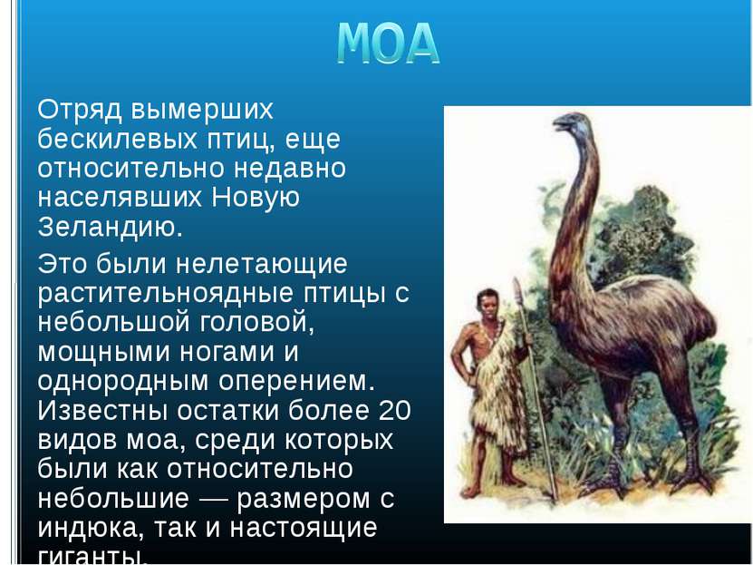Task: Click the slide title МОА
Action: pyautogui.click(x=388, y=44)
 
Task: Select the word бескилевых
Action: pyautogui.click(x=118, y=140)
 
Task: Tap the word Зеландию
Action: pyautogui.click(x=111, y=228)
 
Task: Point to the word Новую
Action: pyautogui.click(x=256, y=197)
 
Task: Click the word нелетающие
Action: pyautogui.click(x=261, y=264)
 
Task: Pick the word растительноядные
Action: pyautogui.click(x=166, y=294)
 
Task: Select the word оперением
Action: pyautogui.click(x=296, y=382)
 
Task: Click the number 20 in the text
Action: pyautogui.click(x=395, y=410)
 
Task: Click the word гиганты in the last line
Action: pyautogui.click(x=92, y=556)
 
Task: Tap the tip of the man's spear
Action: pyautogui.click(x=516, y=278)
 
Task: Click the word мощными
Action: pyautogui.click(x=103, y=353)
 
